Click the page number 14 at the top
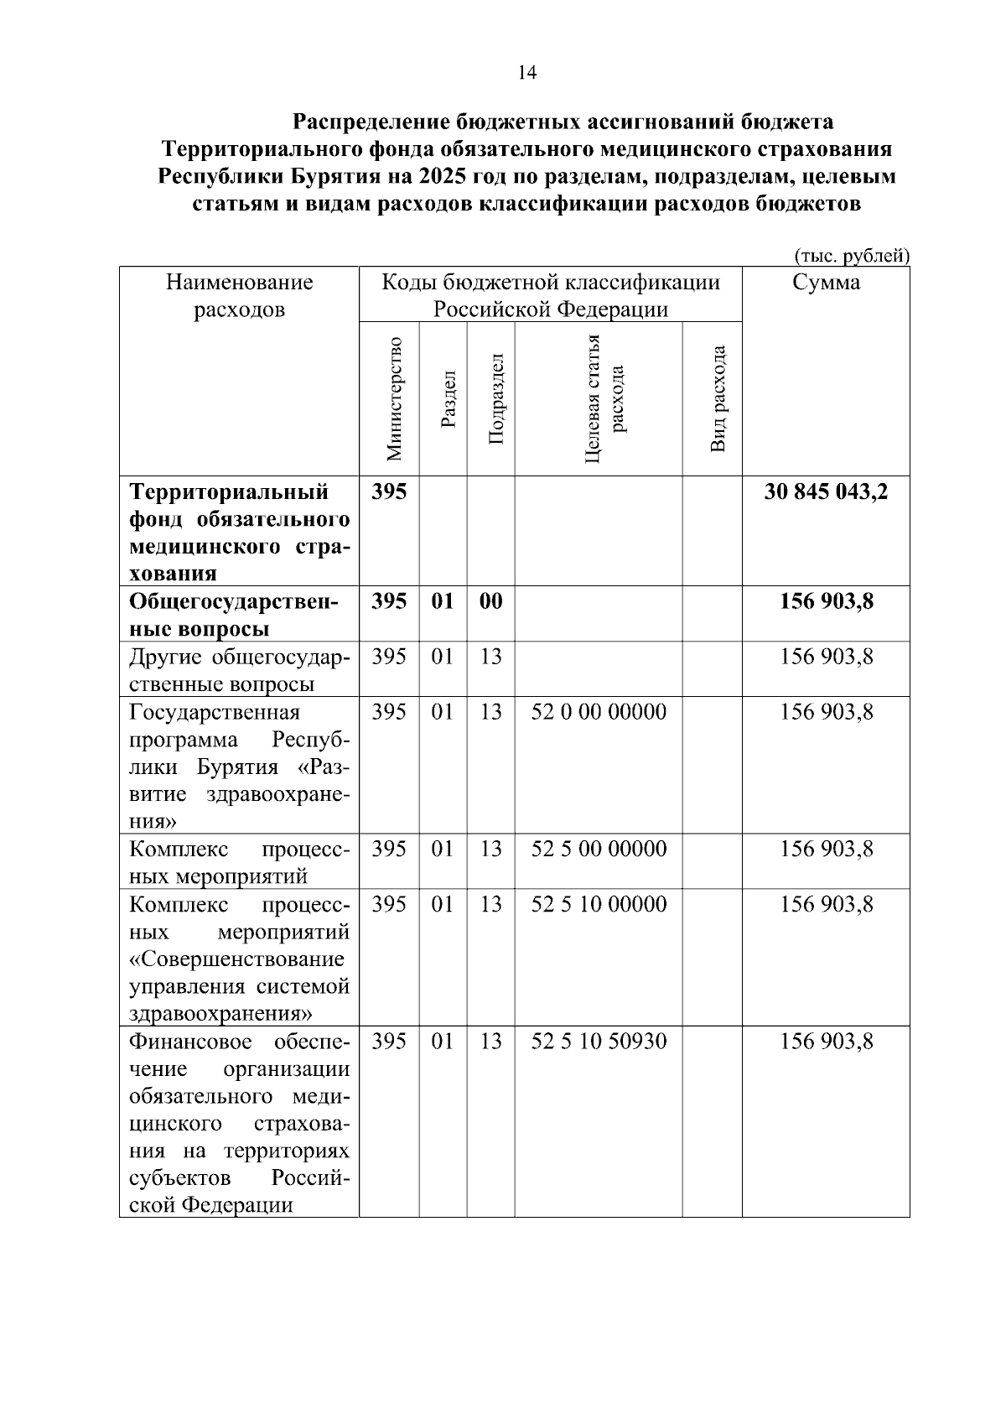tap(526, 73)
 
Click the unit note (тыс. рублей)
tap(851, 256)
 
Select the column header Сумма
tap(826, 283)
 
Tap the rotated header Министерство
tap(394, 399)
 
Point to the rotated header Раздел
tap(448, 399)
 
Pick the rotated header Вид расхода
tap(718, 399)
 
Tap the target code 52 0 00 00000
tap(599, 713)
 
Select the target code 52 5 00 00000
tap(599, 850)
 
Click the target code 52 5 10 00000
tap(599, 905)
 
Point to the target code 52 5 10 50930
tap(599, 1042)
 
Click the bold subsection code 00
tap(491, 602)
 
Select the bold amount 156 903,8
tap(826, 602)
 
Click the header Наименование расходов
tap(239, 296)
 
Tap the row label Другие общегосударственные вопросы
tap(239, 670)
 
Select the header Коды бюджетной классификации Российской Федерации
tap(550, 296)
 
